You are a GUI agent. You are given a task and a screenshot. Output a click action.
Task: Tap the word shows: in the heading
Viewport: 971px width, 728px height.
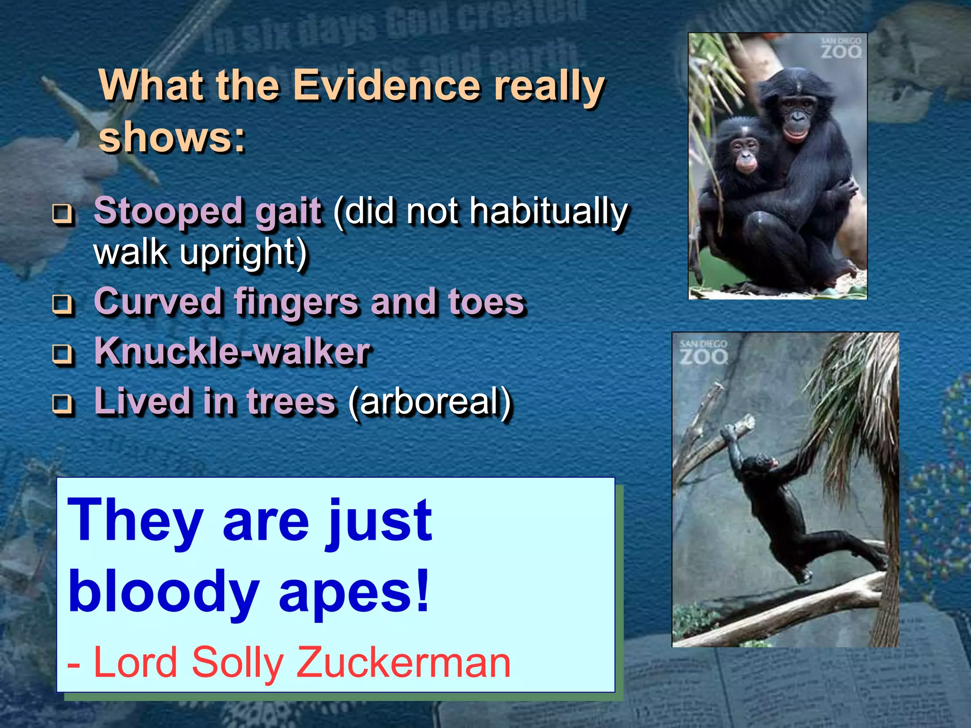[x=172, y=137]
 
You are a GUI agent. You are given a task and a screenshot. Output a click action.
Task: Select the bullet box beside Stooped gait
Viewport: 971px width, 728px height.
[x=63, y=213]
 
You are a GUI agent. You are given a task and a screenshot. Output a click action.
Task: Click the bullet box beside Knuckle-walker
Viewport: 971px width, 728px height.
[x=63, y=354]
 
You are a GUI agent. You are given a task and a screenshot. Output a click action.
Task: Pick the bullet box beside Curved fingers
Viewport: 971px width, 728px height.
[x=63, y=303]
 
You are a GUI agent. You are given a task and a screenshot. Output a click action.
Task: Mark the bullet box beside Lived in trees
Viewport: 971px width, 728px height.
[x=63, y=403]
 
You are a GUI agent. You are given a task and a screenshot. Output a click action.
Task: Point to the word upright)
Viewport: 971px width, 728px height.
[x=243, y=252]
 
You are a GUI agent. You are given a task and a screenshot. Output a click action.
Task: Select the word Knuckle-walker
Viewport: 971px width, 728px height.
[x=232, y=352]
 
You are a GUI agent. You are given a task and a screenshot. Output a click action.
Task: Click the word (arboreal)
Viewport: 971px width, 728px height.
[x=430, y=402]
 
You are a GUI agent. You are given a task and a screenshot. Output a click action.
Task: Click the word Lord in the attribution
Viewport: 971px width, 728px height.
[x=135, y=662]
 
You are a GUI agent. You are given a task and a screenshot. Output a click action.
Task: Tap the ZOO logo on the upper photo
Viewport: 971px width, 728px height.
[x=841, y=49]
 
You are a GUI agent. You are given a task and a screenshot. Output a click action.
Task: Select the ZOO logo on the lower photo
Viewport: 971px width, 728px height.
[x=704, y=353]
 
